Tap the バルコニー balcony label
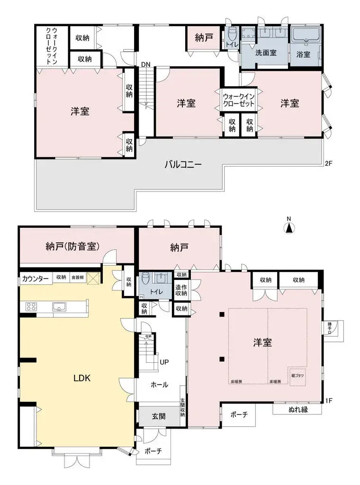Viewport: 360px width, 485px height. (183, 165)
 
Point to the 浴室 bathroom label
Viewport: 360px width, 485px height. (304, 54)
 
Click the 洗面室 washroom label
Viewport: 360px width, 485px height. (266, 53)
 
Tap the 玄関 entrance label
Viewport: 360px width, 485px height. (159, 417)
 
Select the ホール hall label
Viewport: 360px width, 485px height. (159, 385)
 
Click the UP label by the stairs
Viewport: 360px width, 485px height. (164, 362)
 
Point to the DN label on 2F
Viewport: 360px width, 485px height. (146, 65)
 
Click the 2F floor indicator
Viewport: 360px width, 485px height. (329, 164)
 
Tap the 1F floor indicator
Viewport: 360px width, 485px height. (329, 401)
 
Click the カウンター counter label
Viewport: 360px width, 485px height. (36, 278)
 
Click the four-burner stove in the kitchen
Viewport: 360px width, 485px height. (31, 306)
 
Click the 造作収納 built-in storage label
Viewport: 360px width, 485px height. (181, 290)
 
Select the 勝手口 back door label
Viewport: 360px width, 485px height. (330, 328)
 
